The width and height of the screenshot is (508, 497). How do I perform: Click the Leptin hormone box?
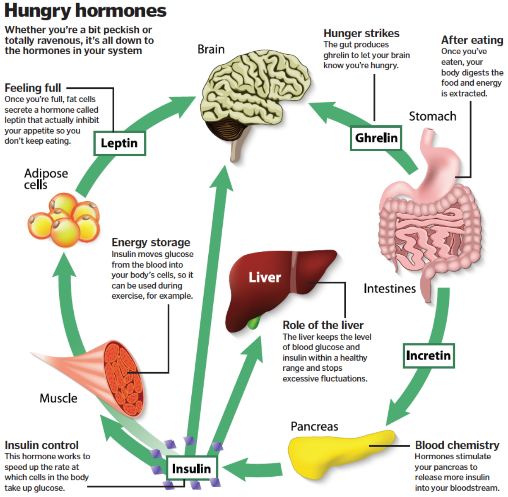[119, 143]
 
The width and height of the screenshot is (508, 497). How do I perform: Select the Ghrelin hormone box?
[376, 138]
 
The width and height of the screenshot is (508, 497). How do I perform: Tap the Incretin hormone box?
[428, 355]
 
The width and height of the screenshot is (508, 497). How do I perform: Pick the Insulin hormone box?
[191, 469]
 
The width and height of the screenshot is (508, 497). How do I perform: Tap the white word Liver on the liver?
[265, 278]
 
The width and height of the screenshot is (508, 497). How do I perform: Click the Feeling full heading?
[33, 88]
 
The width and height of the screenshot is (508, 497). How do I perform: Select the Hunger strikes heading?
[361, 33]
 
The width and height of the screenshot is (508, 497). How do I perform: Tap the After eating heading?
[472, 40]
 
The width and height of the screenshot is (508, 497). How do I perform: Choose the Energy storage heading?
[151, 242]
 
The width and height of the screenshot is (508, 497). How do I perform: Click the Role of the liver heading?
[323, 325]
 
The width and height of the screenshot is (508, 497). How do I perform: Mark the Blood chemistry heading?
[457, 445]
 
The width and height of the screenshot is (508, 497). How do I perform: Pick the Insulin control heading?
[41, 445]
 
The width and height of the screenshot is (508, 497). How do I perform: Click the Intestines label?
[389, 289]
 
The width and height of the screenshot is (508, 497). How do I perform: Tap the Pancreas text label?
[315, 426]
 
